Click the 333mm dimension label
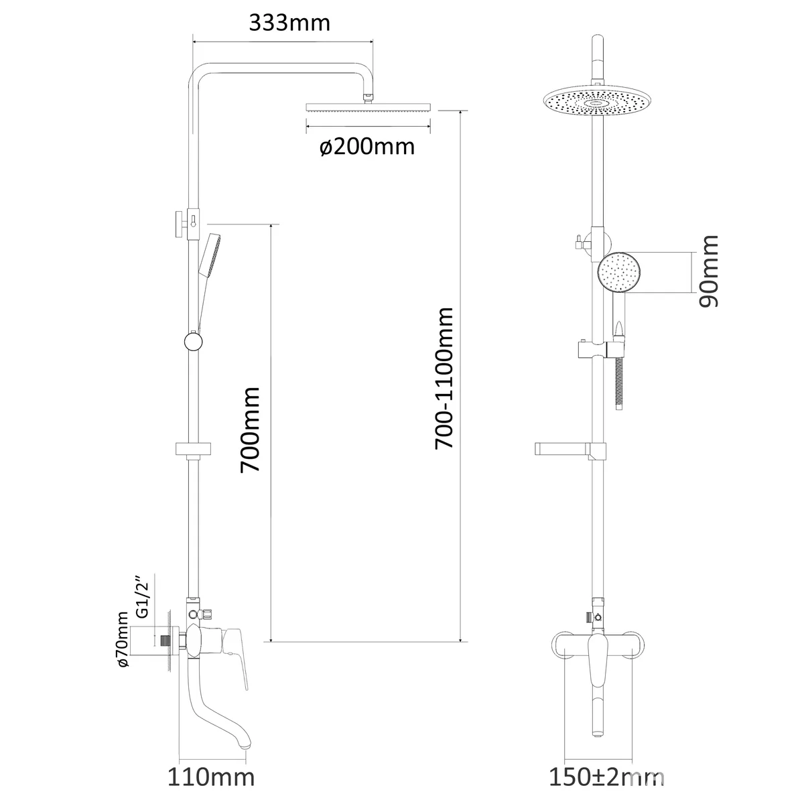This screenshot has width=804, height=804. click(x=289, y=23)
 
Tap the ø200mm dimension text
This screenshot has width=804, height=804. click(x=367, y=147)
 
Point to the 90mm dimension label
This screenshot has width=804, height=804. click(x=709, y=271)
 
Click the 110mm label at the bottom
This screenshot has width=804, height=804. click(x=211, y=777)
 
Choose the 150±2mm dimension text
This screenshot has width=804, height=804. click(x=606, y=777)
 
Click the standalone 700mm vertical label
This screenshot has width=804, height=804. click(x=250, y=429)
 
